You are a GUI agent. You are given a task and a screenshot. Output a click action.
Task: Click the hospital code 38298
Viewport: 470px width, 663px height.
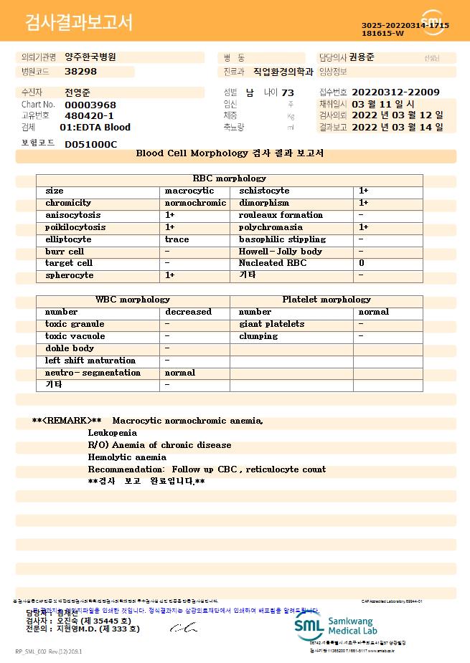pos(80,72)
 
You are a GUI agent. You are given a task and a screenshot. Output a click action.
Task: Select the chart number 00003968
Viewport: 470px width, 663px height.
pos(90,105)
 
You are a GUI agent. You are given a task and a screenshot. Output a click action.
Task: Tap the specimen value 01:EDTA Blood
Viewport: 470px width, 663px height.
pos(95,128)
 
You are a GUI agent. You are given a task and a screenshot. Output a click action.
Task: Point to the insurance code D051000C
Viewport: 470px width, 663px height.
pos(90,145)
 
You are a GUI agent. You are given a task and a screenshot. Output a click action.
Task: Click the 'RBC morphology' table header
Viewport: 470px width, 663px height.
pos(229,178)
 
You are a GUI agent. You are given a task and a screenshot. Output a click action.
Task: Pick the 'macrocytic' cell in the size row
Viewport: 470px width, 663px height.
pos(189,191)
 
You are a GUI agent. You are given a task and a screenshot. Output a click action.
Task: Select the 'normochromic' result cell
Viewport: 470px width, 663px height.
pos(195,203)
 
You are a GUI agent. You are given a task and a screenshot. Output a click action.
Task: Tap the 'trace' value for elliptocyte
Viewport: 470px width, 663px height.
pos(177,239)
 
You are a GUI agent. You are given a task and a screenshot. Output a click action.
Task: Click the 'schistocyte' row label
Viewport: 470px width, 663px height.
pos(264,191)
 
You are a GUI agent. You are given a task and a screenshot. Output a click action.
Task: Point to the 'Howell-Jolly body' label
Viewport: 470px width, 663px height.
pos(281,252)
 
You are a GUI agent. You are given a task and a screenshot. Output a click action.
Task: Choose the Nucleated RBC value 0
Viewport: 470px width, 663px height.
pos(361,263)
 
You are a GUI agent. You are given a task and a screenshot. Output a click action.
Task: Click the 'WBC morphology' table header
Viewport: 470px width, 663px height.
pos(133,300)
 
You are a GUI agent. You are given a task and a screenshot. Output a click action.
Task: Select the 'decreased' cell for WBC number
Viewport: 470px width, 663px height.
pos(188,312)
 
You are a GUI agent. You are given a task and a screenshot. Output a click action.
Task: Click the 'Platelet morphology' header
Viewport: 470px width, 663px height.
pos(326,300)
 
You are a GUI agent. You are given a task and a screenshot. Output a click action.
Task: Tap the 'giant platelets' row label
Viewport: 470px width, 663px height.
pos(271,324)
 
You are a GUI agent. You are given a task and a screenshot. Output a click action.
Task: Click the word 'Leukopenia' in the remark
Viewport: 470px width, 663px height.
pos(112,433)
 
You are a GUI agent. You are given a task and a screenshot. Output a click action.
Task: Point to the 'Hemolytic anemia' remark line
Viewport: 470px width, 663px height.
pos(127,457)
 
